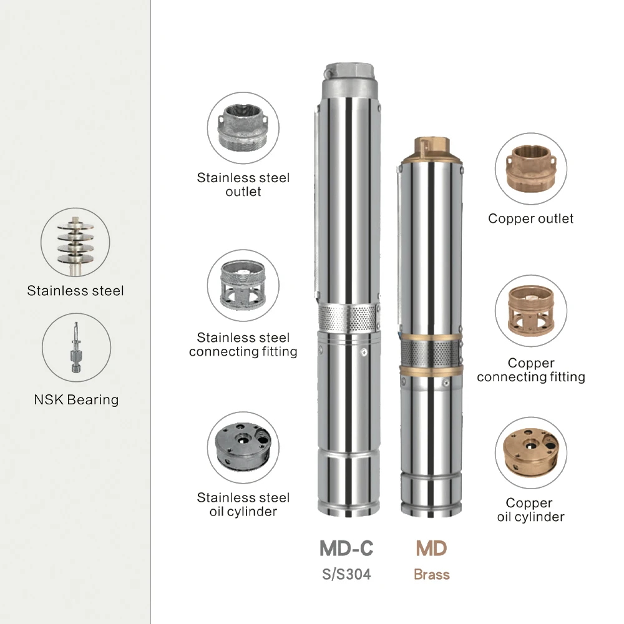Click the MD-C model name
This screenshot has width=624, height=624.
point(346,548)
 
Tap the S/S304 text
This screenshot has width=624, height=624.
point(346,574)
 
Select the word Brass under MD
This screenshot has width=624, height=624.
point(432,574)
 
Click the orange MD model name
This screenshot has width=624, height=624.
point(432,548)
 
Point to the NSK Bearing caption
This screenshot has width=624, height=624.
point(76,399)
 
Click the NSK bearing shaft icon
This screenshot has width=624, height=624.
point(76,348)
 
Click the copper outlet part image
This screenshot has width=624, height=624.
point(530,168)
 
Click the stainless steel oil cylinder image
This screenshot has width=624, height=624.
point(243,446)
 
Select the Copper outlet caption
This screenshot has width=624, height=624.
point(530,218)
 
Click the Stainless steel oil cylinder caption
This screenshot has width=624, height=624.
point(243,505)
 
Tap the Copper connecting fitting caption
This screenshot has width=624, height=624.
point(530,370)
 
